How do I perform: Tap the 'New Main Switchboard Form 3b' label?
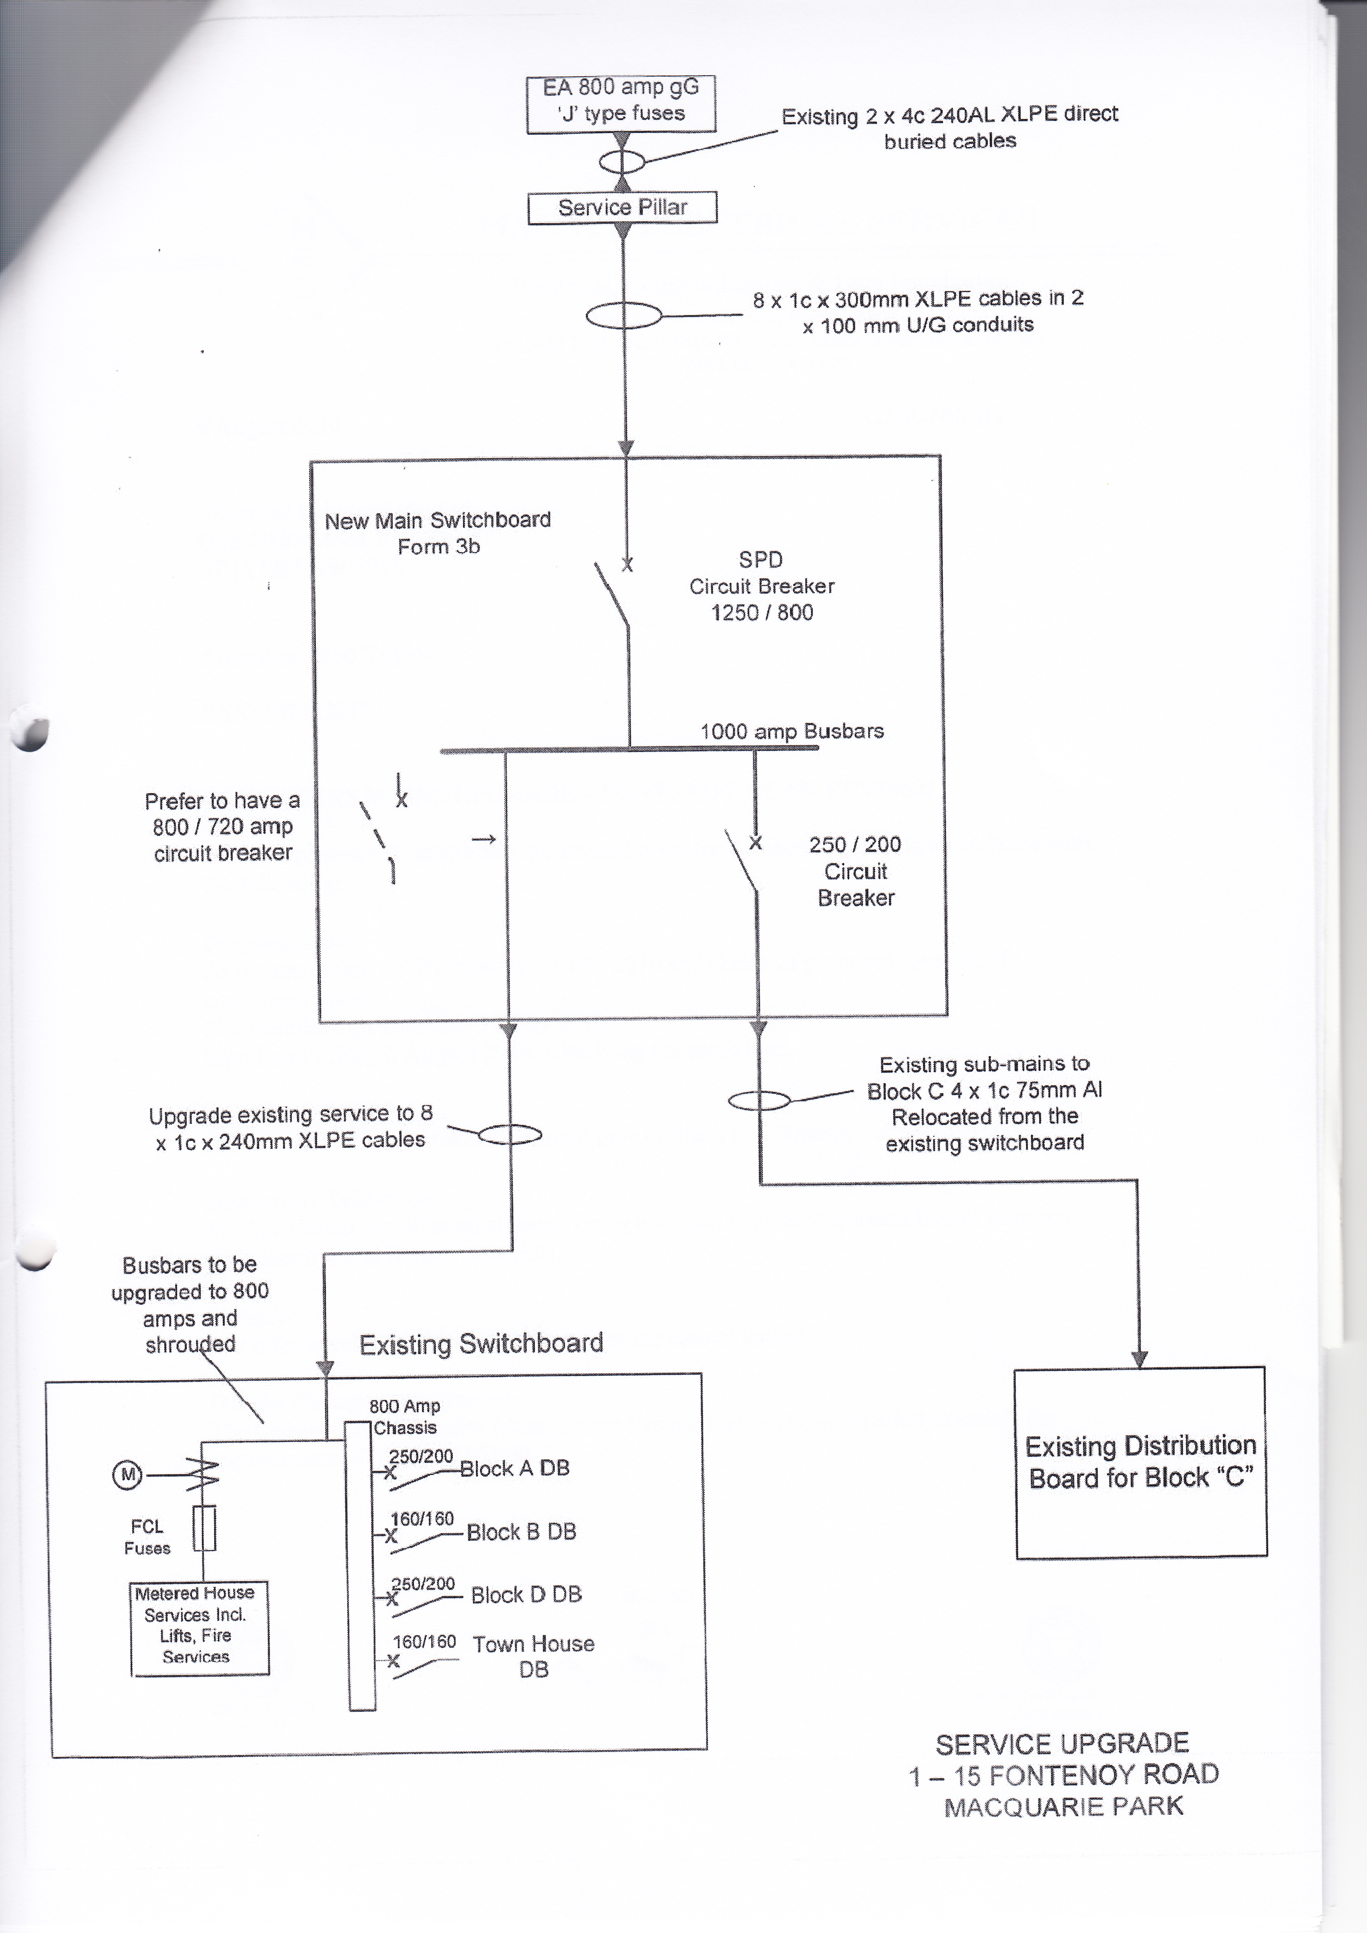tap(438, 533)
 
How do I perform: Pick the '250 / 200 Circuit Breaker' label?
tap(855, 870)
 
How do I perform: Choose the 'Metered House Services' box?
tap(200, 1628)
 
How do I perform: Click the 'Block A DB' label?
tap(515, 1468)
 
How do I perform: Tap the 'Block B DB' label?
tap(521, 1532)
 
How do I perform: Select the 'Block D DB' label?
tap(526, 1595)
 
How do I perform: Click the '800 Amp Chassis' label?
tap(405, 1417)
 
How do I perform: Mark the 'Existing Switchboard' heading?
tap(482, 1344)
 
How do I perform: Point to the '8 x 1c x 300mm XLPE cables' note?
tap(918, 312)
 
